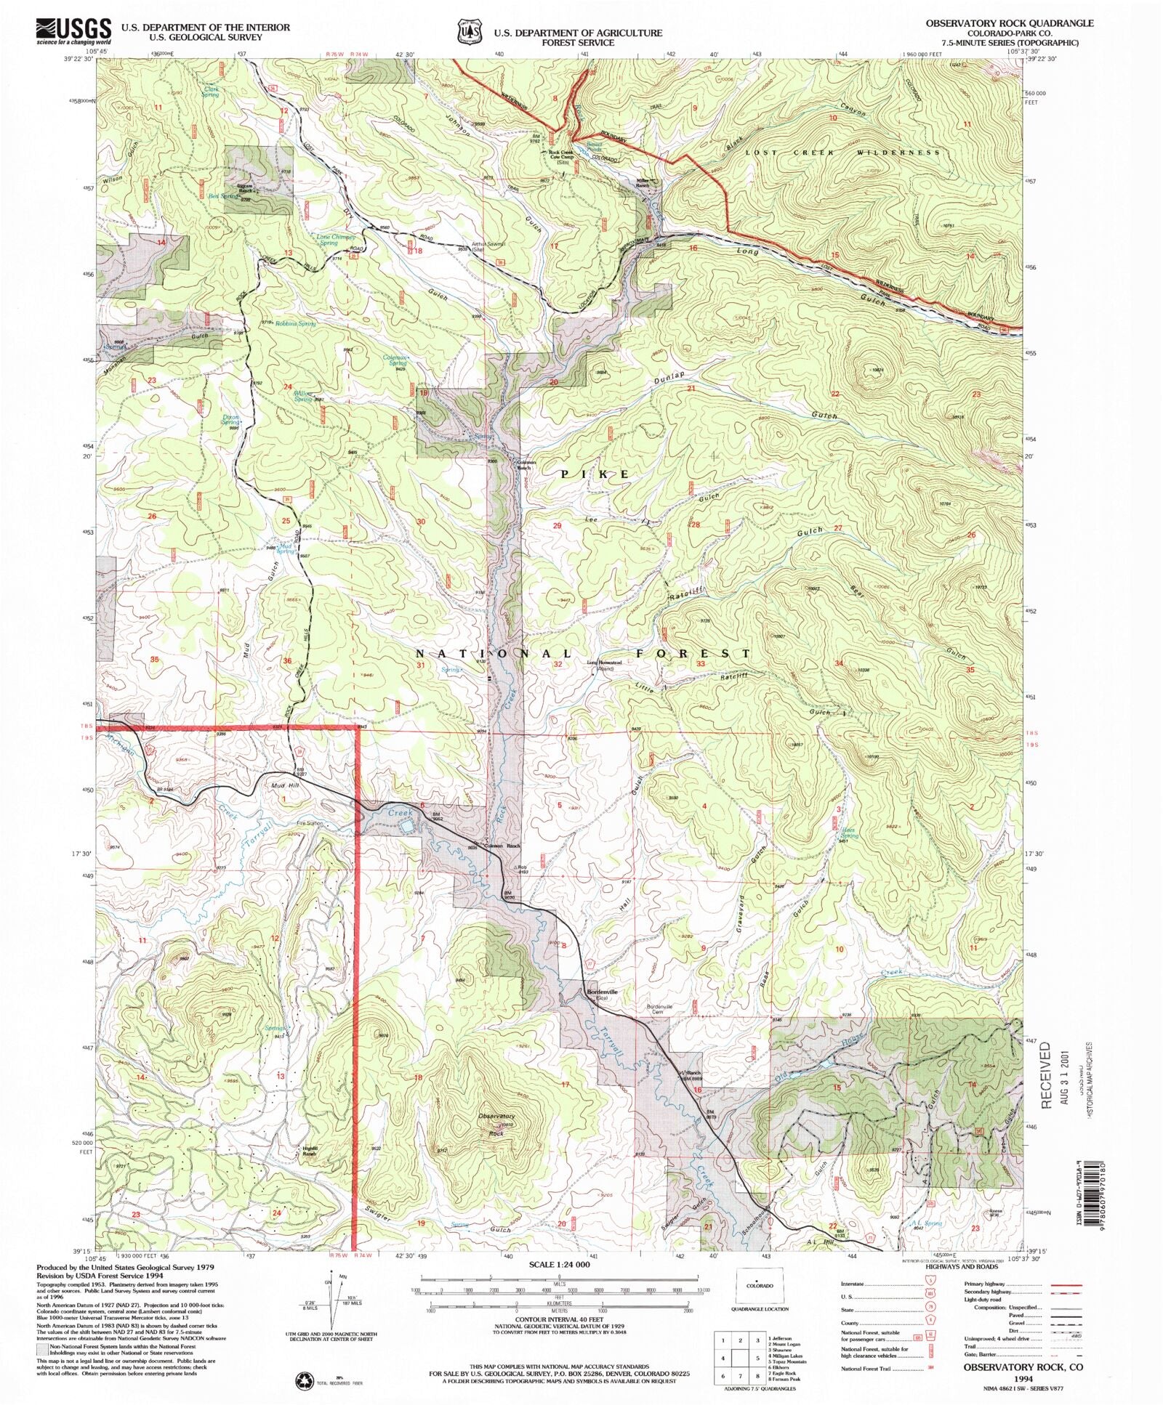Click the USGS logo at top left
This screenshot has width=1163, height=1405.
73,31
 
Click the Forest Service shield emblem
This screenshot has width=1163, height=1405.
469,31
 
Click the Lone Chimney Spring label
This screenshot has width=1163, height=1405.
335,240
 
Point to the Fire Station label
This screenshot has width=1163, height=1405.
309,823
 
